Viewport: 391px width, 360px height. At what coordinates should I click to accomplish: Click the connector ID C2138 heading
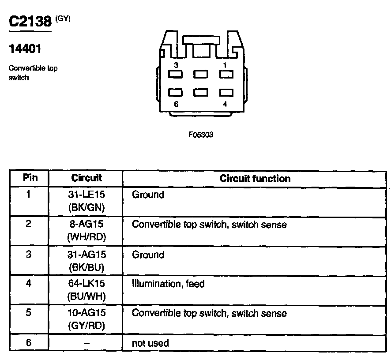(30, 22)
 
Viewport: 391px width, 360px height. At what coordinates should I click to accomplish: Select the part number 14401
(25, 49)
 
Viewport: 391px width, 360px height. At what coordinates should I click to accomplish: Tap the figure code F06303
(201, 135)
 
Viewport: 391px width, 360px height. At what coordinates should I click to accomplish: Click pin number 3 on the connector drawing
(176, 65)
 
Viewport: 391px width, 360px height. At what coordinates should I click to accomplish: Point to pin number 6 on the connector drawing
(176, 104)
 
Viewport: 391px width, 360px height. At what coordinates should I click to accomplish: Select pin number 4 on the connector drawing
(226, 104)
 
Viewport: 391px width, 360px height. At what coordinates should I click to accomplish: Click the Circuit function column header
(255, 178)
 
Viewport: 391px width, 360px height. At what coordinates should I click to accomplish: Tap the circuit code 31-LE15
(86, 195)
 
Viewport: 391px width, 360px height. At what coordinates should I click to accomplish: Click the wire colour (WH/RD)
(86, 236)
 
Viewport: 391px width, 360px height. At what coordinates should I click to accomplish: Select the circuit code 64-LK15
(86, 284)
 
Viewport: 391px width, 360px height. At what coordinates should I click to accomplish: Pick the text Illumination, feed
(168, 284)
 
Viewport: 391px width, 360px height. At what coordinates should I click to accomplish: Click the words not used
(150, 343)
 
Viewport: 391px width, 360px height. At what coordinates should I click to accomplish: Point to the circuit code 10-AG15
(86, 313)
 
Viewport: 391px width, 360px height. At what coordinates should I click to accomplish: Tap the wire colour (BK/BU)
(86, 266)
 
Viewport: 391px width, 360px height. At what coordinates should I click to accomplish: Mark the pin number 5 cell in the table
(29, 313)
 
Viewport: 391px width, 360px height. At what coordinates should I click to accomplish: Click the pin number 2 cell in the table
(29, 224)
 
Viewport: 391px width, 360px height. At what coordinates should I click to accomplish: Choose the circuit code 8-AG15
(86, 225)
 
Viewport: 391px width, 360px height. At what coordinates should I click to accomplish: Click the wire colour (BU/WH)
(86, 296)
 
